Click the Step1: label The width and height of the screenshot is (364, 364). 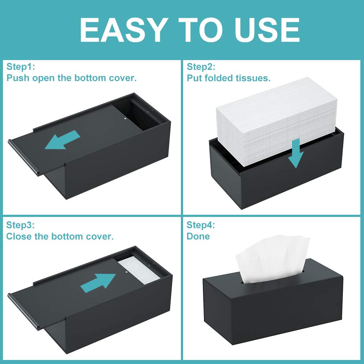(20, 67)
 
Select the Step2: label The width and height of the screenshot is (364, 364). (201, 67)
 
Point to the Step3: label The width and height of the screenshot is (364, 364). (20, 225)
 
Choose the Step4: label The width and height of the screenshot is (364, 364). (201, 225)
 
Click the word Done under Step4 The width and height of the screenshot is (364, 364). (198, 236)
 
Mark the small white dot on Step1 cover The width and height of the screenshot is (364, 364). (125, 118)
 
